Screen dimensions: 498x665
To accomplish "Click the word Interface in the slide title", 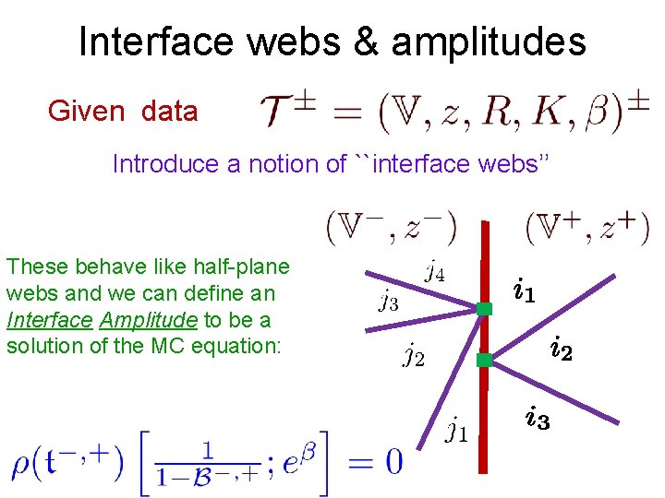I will (x=144, y=42).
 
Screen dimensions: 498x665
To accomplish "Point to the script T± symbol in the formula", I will (x=287, y=113).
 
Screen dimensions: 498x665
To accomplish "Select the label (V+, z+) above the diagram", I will (x=587, y=226).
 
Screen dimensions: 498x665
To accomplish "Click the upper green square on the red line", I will (x=483, y=310).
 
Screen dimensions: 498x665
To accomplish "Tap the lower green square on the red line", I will (x=483, y=361).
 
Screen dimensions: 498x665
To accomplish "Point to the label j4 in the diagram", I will (x=435, y=271).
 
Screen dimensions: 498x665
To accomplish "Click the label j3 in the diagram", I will (x=389, y=301).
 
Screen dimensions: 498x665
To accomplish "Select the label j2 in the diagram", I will (x=414, y=354).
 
